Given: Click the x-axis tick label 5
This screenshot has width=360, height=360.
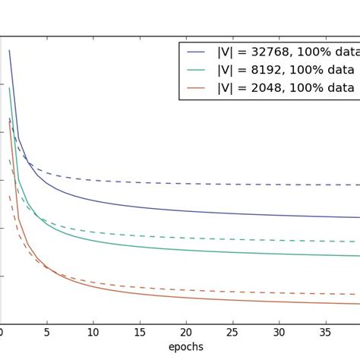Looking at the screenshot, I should click(46, 332).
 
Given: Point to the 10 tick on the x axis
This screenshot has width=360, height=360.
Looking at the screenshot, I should click(93, 332).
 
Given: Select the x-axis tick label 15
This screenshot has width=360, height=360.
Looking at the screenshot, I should click(140, 332).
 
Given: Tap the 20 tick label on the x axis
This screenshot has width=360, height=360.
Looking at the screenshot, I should click(186, 332).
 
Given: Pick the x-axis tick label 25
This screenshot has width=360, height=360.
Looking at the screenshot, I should click(233, 332).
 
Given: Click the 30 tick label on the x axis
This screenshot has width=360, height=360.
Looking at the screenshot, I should click(279, 332).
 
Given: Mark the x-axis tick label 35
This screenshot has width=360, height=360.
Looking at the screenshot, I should click(326, 332).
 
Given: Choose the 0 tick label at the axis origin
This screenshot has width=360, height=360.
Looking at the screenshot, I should click(2, 332).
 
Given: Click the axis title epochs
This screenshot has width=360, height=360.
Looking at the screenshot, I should click(182, 347).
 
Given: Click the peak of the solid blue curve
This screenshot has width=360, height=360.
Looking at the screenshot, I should click(9, 50).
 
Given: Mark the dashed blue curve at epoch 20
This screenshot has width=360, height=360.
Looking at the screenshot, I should click(186, 184).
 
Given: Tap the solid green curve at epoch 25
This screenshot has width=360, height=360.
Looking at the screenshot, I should click(233, 252).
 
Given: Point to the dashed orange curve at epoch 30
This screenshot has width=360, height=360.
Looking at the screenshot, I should click(279, 292).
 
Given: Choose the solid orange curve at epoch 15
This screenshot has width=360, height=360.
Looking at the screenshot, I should click(140, 292).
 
